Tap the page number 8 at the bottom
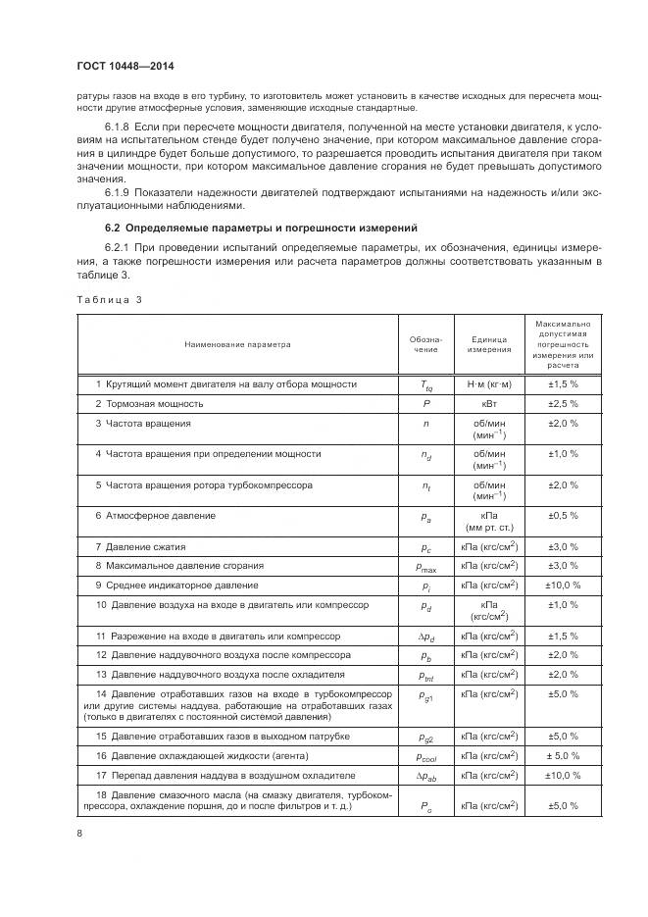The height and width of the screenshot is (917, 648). tap(79, 835)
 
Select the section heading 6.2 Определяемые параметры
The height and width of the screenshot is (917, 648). tap(248, 228)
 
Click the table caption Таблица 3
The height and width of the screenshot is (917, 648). tap(110, 299)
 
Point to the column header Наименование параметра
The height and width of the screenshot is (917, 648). tap(235, 344)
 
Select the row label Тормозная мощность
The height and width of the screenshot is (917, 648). tap(149, 403)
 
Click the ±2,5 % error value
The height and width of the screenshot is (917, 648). tap(563, 403)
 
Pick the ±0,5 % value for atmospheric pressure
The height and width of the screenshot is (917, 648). tap(563, 515)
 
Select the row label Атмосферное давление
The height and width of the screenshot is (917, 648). tap(155, 515)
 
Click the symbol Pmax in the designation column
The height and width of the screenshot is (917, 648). tap(426, 567)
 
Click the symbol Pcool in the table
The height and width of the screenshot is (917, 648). tap(426, 757)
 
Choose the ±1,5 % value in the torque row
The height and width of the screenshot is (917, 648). tap(563, 384)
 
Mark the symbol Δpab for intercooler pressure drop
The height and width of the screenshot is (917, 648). tap(426, 776)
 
